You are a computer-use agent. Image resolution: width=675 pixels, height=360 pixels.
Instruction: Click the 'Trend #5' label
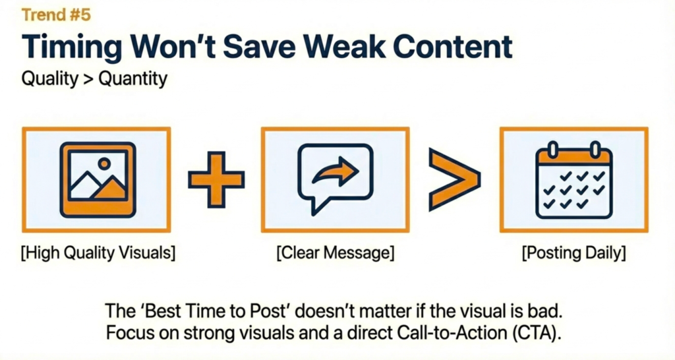click(x=56, y=15)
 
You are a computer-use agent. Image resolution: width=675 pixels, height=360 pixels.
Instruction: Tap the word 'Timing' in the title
click(x=71, y=47)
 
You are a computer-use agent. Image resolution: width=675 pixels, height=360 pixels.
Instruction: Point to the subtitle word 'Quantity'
click(x=133, y=79)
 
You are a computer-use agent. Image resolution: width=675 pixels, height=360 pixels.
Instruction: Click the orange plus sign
click(x=216, y=179)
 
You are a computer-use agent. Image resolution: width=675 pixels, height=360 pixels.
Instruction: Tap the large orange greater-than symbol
click(x=454, y=179)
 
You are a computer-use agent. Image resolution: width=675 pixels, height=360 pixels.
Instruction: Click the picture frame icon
click(x=98, y=179)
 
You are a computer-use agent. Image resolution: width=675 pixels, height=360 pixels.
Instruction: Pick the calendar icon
click(x=574, y=179)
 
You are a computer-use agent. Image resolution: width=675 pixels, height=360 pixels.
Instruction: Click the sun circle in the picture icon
click(x=103, y=164)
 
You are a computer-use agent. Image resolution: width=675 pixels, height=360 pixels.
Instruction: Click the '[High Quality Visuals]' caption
click(x=98, y=253)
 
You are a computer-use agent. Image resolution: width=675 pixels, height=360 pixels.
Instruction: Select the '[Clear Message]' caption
click(x=336, y=253)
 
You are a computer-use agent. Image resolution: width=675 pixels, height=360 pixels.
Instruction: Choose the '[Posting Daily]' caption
click(x=574, y=253)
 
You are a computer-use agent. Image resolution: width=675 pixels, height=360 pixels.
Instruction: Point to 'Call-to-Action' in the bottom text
click(x=452, y=333)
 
